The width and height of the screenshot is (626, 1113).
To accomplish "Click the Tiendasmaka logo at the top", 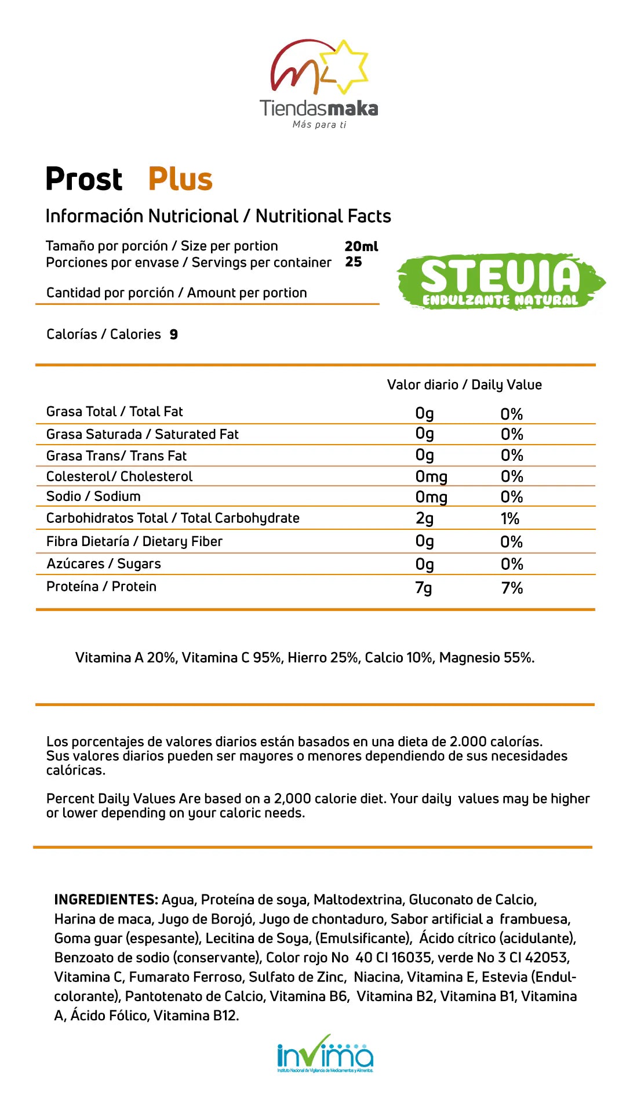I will point(318,84).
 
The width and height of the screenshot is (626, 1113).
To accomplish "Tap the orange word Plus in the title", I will point(180,179).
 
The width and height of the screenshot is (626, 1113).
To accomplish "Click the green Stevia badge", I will point(500,282).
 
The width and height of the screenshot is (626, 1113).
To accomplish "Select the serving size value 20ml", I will point(361,246).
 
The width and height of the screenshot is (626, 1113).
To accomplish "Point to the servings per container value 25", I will point(354,262).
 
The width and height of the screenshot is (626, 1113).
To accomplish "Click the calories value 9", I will point(174,334).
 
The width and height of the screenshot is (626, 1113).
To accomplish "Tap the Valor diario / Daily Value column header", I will point(464,385).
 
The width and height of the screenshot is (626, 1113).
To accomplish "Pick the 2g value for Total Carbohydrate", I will point(424,519).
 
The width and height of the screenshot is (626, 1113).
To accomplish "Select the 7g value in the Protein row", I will point(424,588).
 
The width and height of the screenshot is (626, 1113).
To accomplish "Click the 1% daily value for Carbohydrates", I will point(510,519).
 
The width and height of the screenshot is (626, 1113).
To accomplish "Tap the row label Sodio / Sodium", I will point(93,496).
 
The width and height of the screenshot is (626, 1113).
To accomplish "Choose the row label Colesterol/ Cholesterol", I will point(119,477).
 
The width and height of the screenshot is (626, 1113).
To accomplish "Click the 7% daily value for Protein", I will point(512,588).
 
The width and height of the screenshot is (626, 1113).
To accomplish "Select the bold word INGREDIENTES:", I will point(106,900).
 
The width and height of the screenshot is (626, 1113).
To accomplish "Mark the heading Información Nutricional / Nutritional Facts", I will point(218,216).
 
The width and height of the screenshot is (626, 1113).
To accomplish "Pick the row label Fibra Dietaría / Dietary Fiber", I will point(134,541).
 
